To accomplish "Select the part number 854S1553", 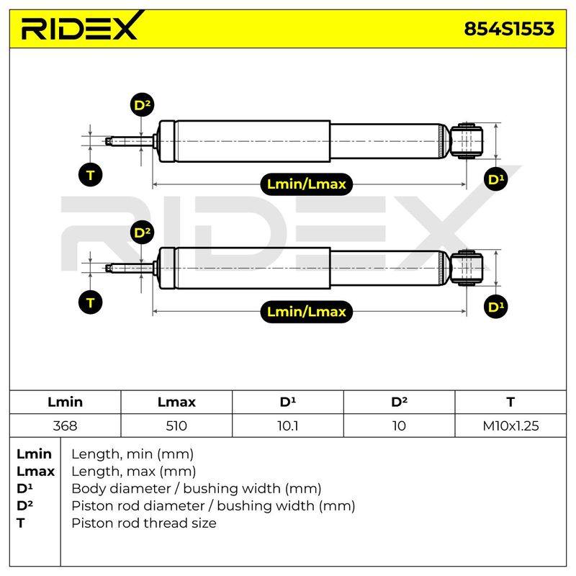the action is click(509, 29).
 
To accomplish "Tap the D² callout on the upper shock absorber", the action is click(142, 105).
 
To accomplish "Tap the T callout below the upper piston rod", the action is click(91, 174).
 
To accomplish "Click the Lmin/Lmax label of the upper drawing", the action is click(307, 184).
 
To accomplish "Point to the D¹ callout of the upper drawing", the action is click(495, 179).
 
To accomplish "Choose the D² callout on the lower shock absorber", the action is click(142, 233).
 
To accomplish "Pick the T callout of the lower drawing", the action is click(91, 302).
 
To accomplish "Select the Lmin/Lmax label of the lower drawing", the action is click(307, 312).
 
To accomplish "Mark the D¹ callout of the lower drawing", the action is click(495, 307).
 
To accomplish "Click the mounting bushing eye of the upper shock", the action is click(466, 141).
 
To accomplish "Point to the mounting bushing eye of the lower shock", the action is click(466, 268).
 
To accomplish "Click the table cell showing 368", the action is click(65, 426).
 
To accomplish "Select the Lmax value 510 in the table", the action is click(176, 426).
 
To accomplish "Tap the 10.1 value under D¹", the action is click(287, 426).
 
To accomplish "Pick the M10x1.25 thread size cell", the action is click(510, 426).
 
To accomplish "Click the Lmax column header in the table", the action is click(176, 402).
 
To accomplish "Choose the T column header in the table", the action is click(510, 402).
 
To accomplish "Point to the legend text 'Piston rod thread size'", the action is click(144, 523).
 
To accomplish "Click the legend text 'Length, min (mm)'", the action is click(132, 454).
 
